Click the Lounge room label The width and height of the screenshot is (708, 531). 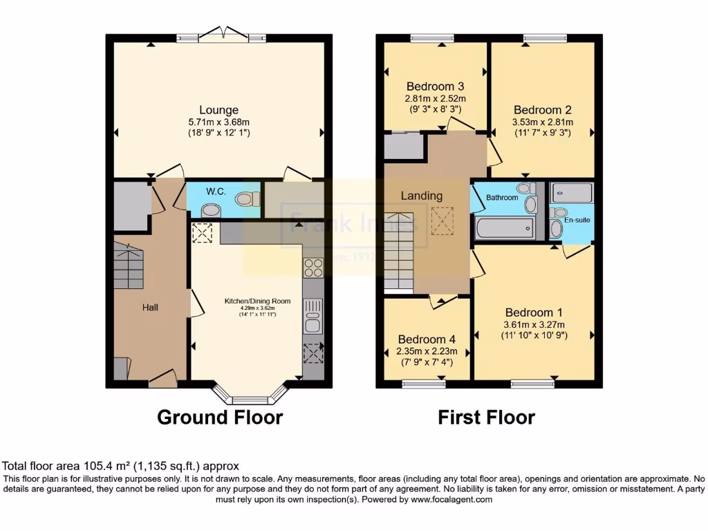pos(218,110)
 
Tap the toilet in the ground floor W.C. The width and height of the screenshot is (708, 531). pos(246,199)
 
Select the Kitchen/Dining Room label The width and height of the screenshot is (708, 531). pos(257,301)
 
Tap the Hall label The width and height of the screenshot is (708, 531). pos(150,306)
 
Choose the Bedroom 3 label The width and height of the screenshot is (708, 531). pos(435,86)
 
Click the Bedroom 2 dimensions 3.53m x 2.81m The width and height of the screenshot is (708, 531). pos(542,122)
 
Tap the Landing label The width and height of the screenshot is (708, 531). pos(422,196)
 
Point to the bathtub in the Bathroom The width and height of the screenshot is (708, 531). pos(504,227)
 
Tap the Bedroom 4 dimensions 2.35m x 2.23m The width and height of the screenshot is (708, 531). pos(426,351)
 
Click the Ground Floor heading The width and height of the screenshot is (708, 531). pos(220,417)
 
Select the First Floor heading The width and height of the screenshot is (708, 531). pos(486,417)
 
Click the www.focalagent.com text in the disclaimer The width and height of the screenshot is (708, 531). pos(451,499)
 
